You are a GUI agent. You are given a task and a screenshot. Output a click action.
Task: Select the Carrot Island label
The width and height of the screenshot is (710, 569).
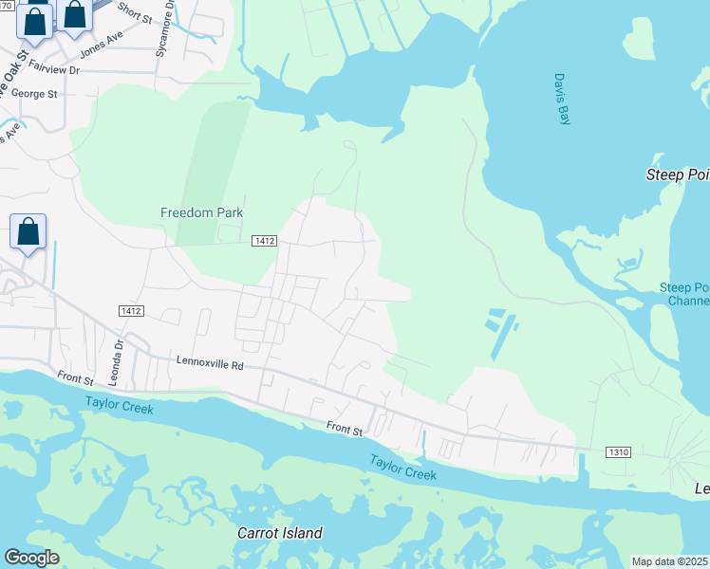point(279,533)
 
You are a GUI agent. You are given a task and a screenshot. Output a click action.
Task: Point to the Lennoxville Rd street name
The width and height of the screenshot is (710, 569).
point(210,362)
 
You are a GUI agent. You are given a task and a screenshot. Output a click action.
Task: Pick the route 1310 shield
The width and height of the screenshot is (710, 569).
point(617,452)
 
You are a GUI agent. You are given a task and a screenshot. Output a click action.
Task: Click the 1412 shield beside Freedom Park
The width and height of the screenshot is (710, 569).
point(264,242)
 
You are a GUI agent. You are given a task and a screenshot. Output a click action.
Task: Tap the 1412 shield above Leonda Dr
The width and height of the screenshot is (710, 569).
point(131,311)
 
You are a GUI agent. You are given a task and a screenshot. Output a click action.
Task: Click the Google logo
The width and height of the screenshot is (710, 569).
point(31,558)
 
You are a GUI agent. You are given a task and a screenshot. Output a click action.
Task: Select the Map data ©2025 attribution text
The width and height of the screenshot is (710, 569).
point(670,561)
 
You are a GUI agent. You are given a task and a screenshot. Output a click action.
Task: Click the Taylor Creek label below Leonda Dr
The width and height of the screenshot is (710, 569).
point(119,405)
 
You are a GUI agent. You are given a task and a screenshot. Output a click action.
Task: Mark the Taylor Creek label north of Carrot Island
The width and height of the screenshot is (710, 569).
point(403,467)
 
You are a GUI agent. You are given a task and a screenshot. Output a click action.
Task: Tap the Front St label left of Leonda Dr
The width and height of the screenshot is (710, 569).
point(75,378)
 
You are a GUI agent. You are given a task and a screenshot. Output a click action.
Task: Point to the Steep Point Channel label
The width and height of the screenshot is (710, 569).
point(685,294)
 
